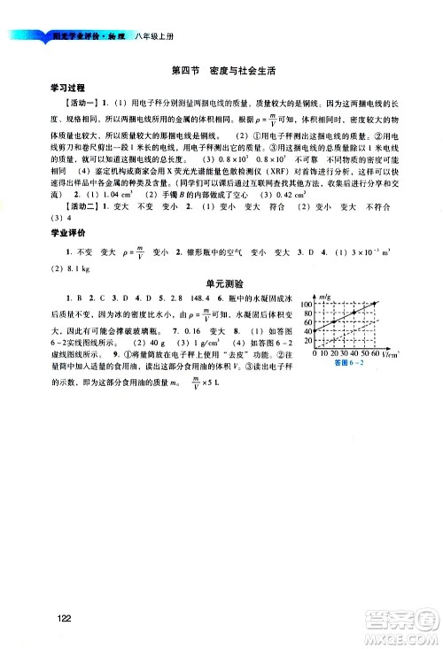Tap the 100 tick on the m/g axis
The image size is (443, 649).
[x=307, y=304]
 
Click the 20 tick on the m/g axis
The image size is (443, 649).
[x=309, y=341]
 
